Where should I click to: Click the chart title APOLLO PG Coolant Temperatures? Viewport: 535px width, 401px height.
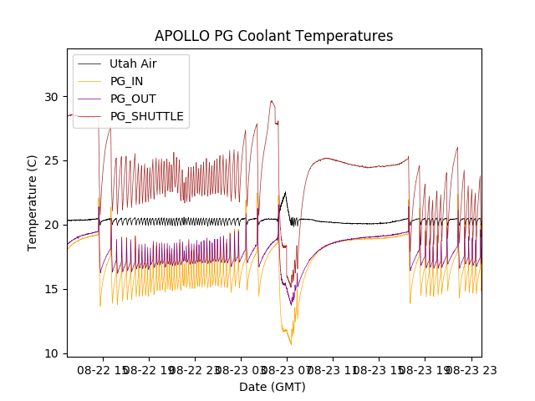coord(273,37)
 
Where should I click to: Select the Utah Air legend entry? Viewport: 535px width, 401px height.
coord(133,63)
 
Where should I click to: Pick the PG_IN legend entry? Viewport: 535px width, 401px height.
coord(127,81)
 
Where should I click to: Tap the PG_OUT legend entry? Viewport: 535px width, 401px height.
coord(132,99)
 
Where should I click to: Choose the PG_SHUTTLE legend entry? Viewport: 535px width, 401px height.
coord(146,116)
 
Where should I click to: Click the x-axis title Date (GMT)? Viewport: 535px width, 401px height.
coord(273,387)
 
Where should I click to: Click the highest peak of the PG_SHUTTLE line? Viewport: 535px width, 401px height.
coord(272,101)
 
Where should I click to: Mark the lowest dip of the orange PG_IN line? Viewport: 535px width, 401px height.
coord(291,344)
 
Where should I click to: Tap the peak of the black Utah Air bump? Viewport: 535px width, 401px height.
coord(285,193)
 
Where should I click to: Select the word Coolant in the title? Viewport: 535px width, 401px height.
coord(253,37)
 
